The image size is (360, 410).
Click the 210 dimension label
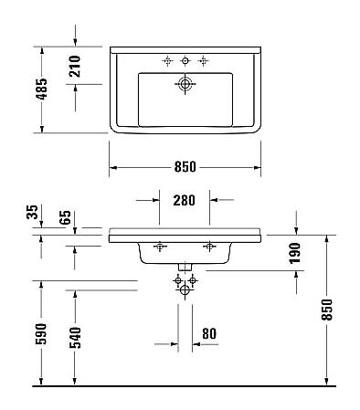pos(76,66)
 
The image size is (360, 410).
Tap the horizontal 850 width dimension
pos(185,167)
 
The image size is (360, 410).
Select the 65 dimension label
pos(65,217)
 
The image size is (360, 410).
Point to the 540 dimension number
pos(76,336)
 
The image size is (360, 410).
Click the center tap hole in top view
pos(185,60)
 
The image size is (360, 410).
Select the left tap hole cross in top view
pos(167,60)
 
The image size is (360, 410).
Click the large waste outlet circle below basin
pos(185,289)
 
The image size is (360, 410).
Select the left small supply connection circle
pos(177,279)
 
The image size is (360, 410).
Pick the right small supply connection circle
pos(193,279)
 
